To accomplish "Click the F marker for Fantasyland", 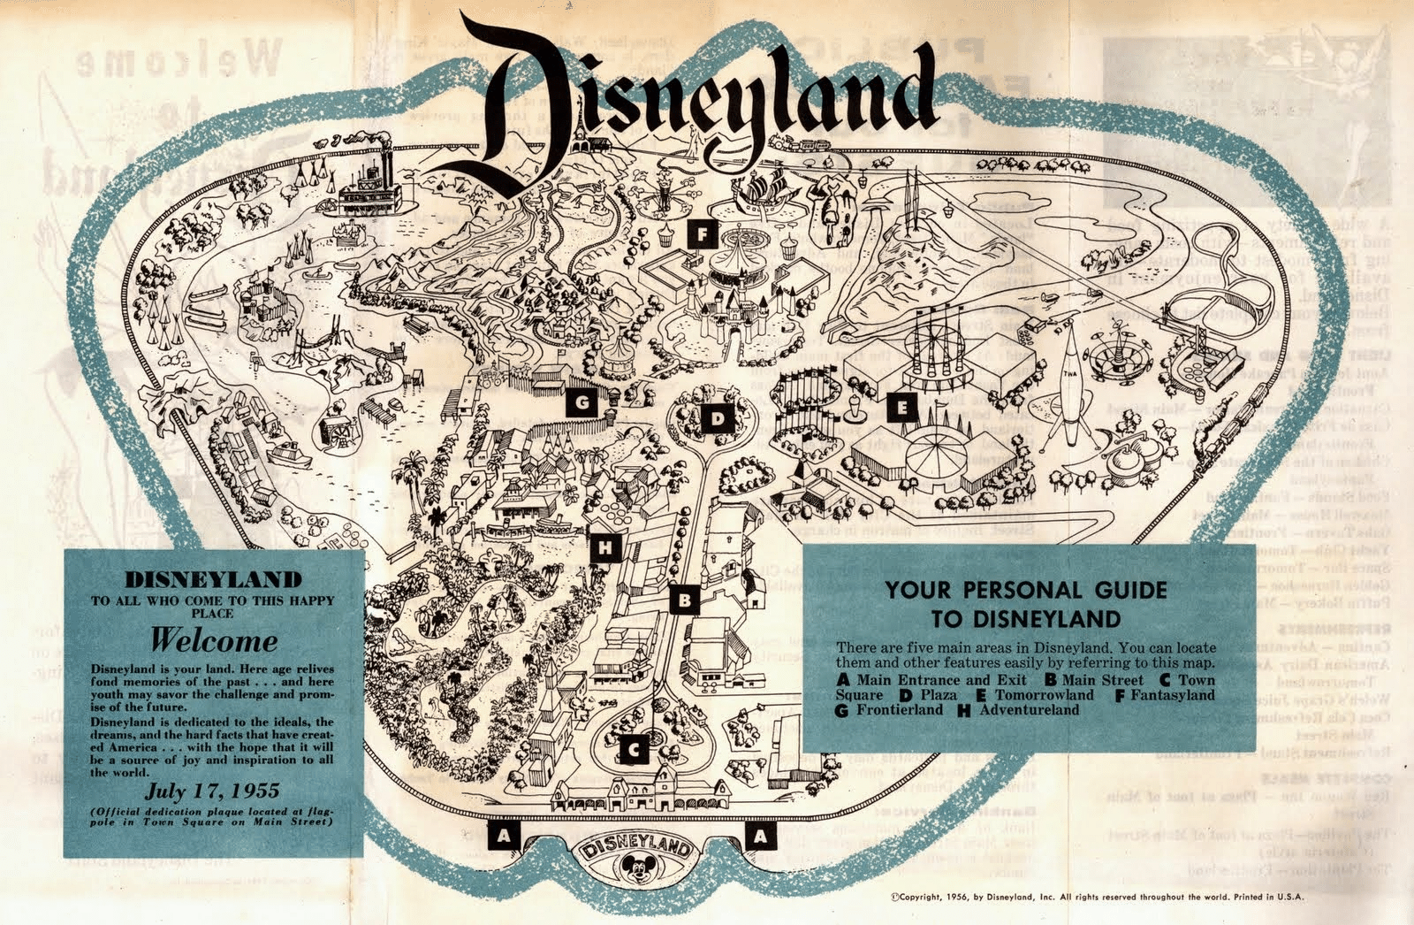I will (x=702, y=234).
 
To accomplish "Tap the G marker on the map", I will (x=582, y=403).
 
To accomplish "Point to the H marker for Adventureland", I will (x=605, y=548).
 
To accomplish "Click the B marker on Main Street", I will (x=684, y=601).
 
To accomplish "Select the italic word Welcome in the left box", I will (x=213, y=639).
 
